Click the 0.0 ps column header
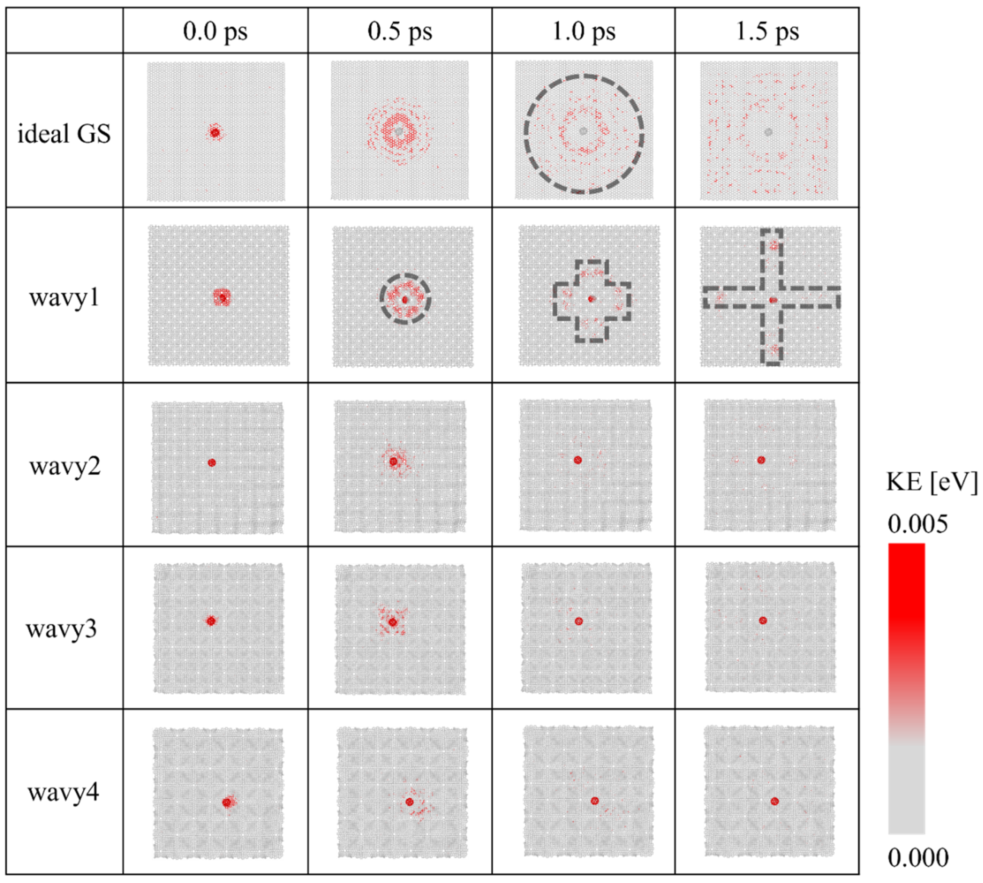(x=215, y=31)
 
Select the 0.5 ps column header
(x=400, y=31)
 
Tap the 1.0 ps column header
(x=584, y=31)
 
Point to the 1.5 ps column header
(x=767, y=31)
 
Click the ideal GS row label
(x=64, y=133)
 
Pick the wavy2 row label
(x=65, y=466)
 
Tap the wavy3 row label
(x=62, y=629)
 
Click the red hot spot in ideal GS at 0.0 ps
(x=215, y=132)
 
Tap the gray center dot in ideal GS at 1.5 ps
(x=768, y=132)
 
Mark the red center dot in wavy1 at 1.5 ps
(x=773, y=300)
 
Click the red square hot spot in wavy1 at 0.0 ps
(x=222, y=297)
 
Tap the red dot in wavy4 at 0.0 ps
(x=227, y=802)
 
